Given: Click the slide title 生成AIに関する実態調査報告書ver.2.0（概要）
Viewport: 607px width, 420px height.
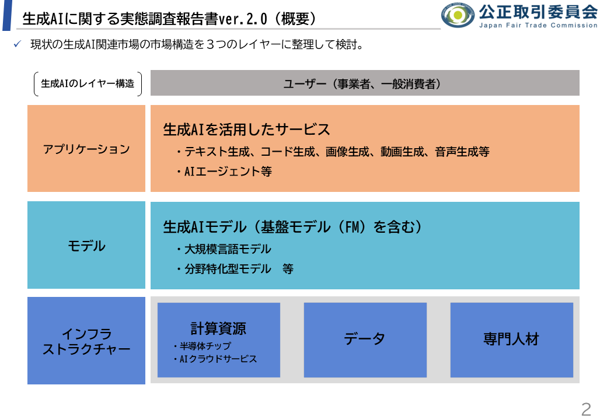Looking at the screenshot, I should [169, 19].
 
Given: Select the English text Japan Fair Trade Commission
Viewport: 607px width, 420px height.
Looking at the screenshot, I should [538, 25].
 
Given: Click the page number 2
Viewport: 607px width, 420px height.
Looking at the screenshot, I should [586, 409].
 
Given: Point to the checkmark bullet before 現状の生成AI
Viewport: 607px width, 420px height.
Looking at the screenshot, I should [18, 44].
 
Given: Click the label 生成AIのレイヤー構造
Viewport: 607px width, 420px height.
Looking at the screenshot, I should [88, 83].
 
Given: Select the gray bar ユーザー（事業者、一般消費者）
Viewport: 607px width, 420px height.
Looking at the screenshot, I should [365, 83].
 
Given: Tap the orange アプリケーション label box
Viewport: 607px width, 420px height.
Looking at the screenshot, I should [86, 149].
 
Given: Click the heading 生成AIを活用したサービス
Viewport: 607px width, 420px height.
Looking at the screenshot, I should [246, 129].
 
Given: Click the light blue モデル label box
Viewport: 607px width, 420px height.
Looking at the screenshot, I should [86, 246].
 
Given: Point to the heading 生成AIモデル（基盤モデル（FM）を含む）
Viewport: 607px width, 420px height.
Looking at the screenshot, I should [292, 226].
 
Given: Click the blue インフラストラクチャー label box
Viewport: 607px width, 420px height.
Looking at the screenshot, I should [86, 341].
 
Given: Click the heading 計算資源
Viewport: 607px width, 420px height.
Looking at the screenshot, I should [218, 328].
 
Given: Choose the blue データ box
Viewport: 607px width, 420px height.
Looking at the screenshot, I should [365, 339].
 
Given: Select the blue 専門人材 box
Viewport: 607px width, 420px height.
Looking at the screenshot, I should [511, 339].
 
